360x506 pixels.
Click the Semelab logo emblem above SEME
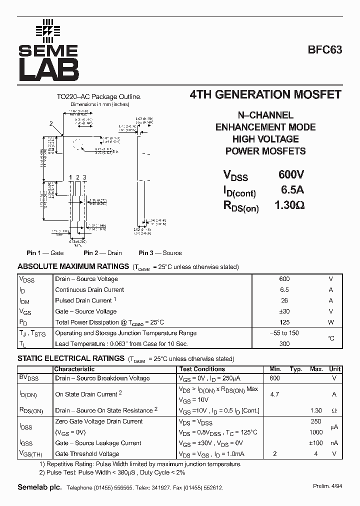point(48,31)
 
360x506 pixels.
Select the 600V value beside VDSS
point(291,174)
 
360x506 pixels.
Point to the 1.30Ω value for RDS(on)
point(289,205)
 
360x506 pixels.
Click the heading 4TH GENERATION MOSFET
point(266,94)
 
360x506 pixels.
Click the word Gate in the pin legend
point(57,253)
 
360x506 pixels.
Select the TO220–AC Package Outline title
point(99,97)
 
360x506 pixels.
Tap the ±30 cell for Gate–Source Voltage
point(284,311)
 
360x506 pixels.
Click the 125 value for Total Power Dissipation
point(284,322)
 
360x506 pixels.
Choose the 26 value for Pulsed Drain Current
point(284,300)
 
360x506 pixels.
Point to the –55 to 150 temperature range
point(284,333)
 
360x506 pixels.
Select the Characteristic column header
point(74,369)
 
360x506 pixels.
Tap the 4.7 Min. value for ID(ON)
point(274,394)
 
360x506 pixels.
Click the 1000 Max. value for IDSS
point(315,432)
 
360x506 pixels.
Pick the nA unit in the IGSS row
point(334,443)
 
